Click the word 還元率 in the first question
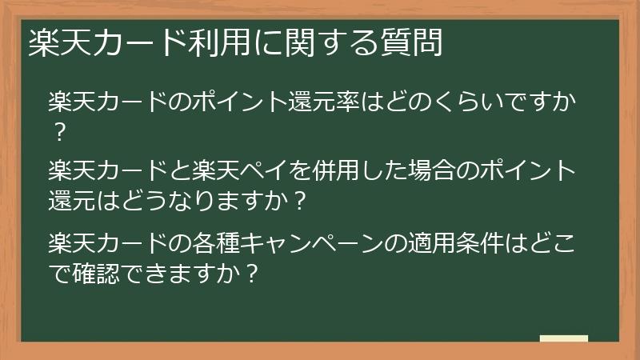click(x=323, y=103)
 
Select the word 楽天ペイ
click(x=240, y=171)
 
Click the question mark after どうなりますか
click(x=298, y=200)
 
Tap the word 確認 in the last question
click(x=95, y=273)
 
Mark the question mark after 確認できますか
click(x=251, y=273)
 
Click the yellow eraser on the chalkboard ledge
click(x=564, y=338)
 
